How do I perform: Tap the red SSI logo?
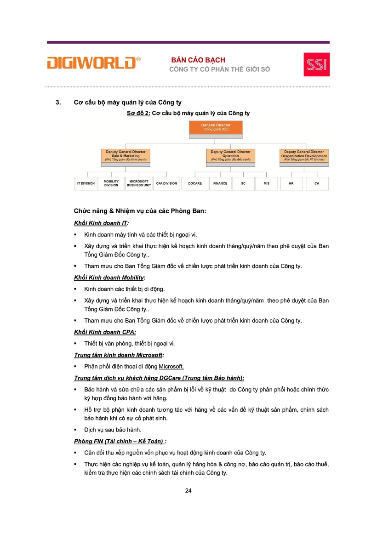[x=316, y=64]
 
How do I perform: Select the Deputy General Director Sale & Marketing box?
[x=126, y=155]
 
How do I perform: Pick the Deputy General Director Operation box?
[x=230, y=155]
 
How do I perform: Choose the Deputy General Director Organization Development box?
[x=304, y=155]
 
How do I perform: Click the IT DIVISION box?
[x=86, y=183]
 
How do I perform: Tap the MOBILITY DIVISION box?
[x=111, y=183]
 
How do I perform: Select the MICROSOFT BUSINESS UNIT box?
[x=139, y=183]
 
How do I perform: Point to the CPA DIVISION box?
[x=166, y=183]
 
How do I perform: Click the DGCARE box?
[x=195, y=183]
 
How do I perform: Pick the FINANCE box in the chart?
[x=220, y=183]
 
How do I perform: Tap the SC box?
[x=243, y=183]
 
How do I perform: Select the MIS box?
[x=267, y=183]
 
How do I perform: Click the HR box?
[x=291, y=183]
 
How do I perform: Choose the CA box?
[x=317, y=183]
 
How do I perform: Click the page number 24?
[x=188, y=491]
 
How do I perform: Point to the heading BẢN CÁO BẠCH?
[x=198, y=60]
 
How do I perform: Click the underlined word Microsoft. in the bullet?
[x=171, y=366]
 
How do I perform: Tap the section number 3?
[x=58, y=102]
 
